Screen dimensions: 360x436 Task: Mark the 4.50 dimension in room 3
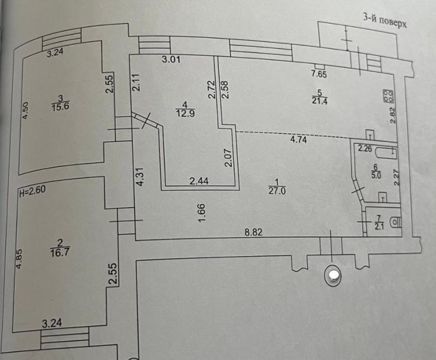tap(25, 111)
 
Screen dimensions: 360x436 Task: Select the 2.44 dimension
tap(199, 182)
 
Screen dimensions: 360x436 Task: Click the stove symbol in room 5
tap(388, 96)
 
